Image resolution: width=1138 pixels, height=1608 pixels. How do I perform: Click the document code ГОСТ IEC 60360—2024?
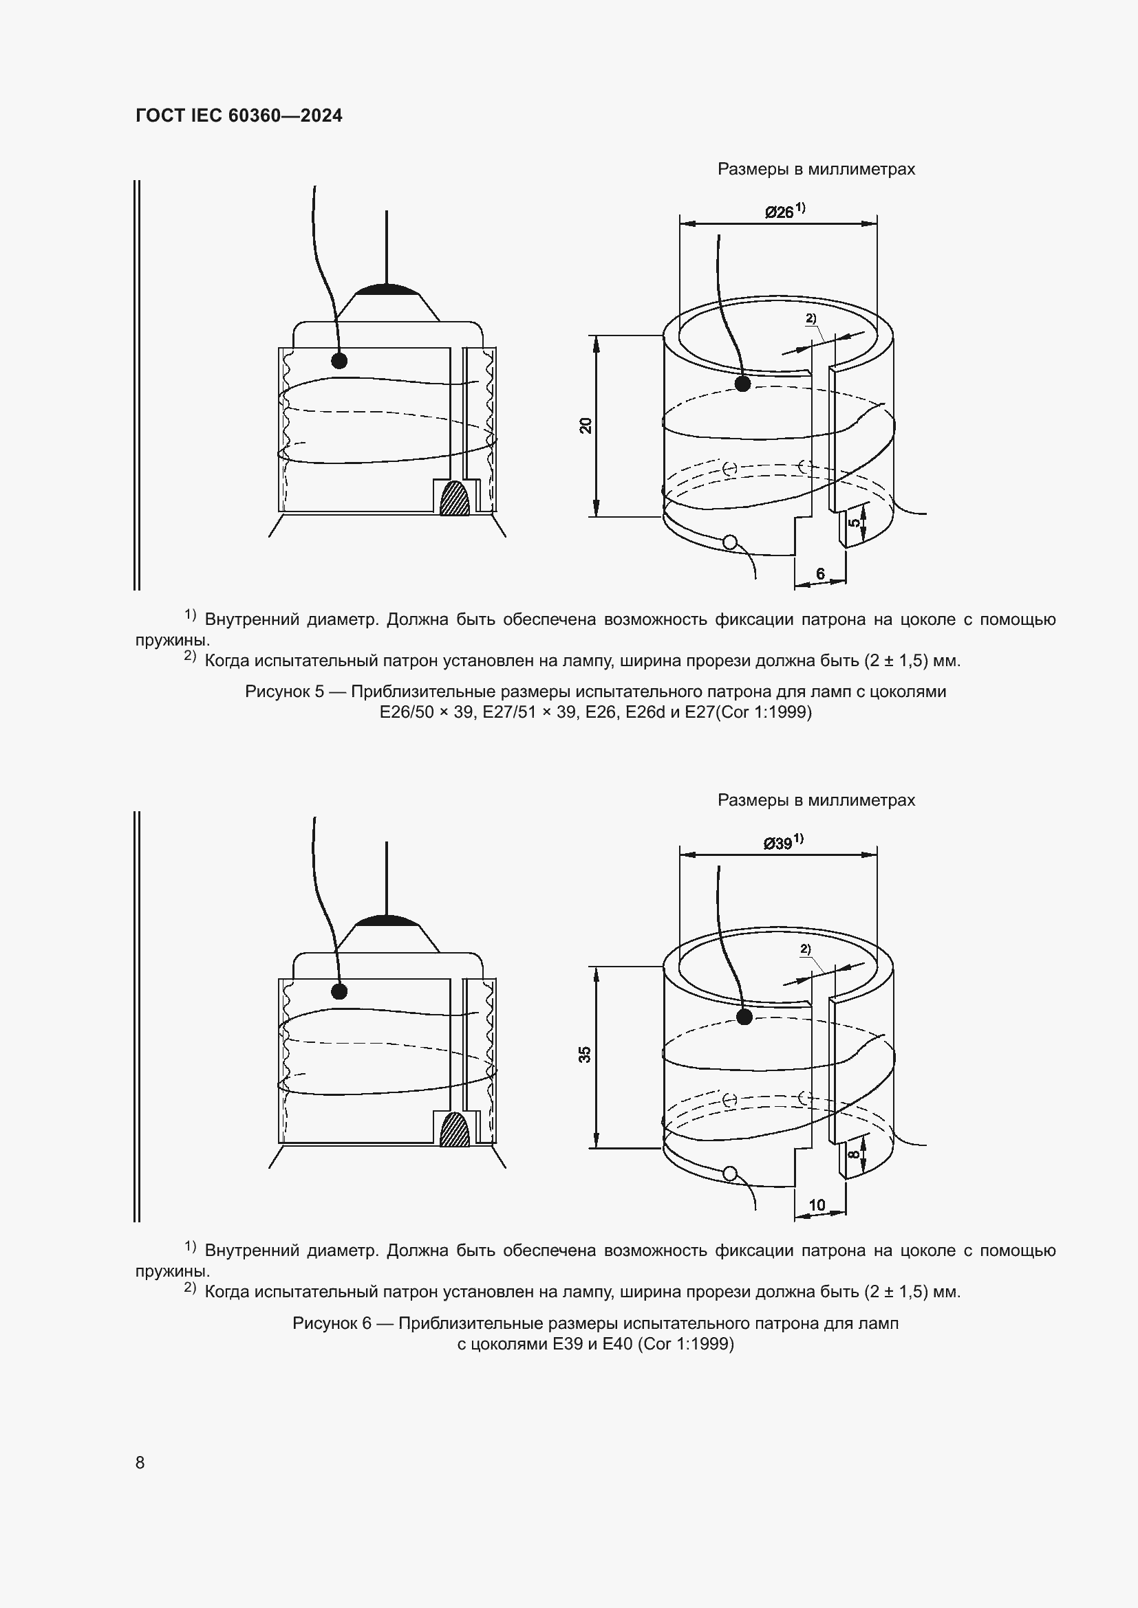point(239,115)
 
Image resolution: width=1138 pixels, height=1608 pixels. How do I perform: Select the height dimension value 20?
point(586,425)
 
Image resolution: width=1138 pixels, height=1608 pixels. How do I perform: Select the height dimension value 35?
point(585,1054)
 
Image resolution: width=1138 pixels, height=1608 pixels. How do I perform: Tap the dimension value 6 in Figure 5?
point(821,574)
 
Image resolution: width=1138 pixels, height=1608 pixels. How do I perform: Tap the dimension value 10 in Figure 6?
point(817,1204)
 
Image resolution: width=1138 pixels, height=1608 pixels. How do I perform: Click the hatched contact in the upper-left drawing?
point(455,498)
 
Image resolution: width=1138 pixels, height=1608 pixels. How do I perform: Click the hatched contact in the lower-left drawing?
point(455,1130)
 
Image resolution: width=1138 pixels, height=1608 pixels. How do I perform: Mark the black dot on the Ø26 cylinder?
point(743,383)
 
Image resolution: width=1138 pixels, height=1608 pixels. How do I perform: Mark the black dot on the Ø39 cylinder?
point(744,1016)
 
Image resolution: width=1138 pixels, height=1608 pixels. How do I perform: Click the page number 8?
point(140,1462)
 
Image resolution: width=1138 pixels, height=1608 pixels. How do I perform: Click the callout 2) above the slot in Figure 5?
point(810,318)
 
